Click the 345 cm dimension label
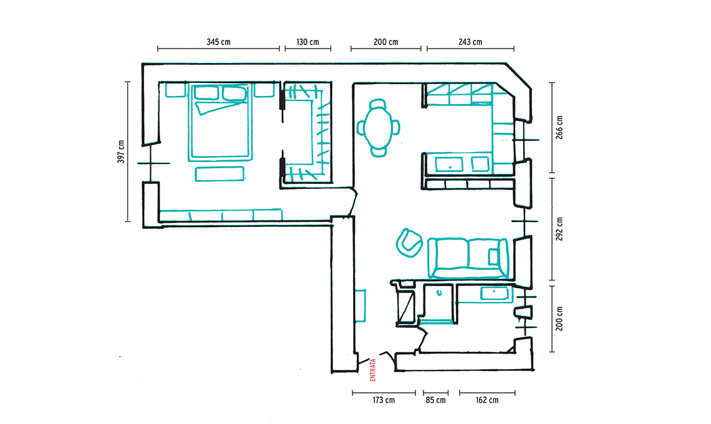(x=218, y=42)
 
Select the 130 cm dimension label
(x=308, y=42)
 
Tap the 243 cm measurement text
(x=470, y=42)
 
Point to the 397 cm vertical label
(x=120, y=152)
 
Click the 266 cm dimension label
(x=559, y=127)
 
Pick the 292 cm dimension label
(x=559, y=229)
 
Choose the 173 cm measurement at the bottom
(x=384, y=400)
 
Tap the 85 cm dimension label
(x=435, y=400)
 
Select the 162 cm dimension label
(x=487, y=400)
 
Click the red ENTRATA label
(x=373, y=370)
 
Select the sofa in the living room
(x=468, y=258)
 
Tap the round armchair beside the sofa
(x=409, y=243)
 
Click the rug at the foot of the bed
(x=220, y=174)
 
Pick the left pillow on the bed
(x=206, y=93)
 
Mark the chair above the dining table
(x=378, y=105)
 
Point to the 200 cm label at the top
(x=386, y=42)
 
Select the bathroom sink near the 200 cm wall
(x=494, y=294)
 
